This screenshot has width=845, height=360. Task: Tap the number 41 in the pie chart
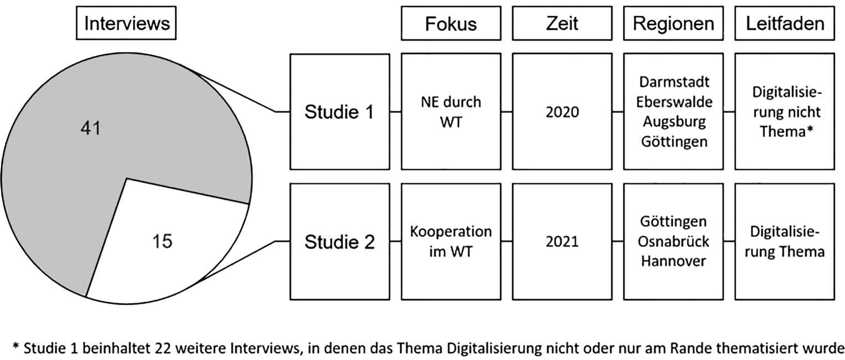click(x=89, y=129)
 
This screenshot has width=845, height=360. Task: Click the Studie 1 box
click(x=339, y=111)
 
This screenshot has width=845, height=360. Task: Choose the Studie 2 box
click(x=339, y=241)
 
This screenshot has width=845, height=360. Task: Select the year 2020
click(x=562, y=112)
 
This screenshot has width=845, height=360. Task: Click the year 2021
click(x=562, y=241)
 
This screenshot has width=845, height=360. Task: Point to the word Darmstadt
click(x=673, y=82)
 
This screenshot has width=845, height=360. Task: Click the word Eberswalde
click(x=673, y=102)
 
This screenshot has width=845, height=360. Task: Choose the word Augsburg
click(x=673, y=121)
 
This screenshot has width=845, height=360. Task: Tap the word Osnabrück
click(x=673, y=241)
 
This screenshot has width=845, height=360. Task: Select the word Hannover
click(x=673, y=261)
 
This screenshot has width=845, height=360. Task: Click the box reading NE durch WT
click(x=450, y=111)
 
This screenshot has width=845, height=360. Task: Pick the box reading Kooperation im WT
click(x=450, y=241)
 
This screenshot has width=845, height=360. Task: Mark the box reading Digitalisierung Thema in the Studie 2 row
click(x=785, y=241)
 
